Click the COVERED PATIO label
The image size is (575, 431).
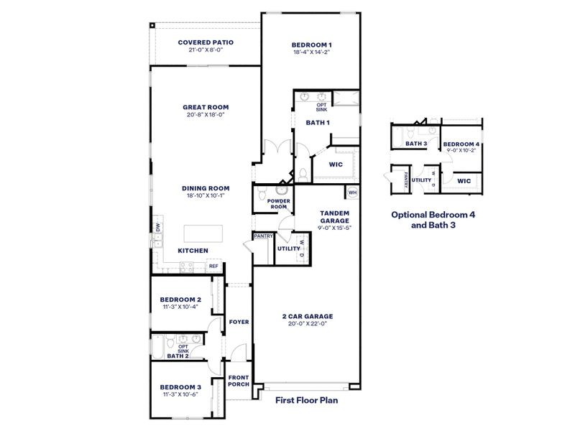pyautogui.click(x=206, y=42)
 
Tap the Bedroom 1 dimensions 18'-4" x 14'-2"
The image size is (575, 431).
pyautogui.click(x=311, y=53)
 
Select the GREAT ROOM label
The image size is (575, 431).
pyautogui.click(x=206, y=107)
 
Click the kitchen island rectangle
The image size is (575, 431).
pyautogui.click(x=204, y=234)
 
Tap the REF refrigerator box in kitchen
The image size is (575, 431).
pyautogui.click(x=213, y=267)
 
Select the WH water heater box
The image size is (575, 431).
pyautogui.click(x=352, y=193)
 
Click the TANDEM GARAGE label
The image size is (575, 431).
pyautogui.click(x=334, y=216)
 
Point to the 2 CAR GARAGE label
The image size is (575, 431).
pyautogui.click(x=307, y=316)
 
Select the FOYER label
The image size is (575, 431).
pyautogui.click(x=239, y=322)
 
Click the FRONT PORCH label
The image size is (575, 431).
pyautogui.click(x=239, y=381)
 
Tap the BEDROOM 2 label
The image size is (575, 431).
pyautogui.click(x=180, y=299)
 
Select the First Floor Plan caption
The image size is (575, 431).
pyautogui.click(x=306, y=402)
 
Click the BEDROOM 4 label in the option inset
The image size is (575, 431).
pyautogui.click(x=461, y=144)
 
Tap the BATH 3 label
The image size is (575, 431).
pyautogui.click(x=416, y=144)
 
